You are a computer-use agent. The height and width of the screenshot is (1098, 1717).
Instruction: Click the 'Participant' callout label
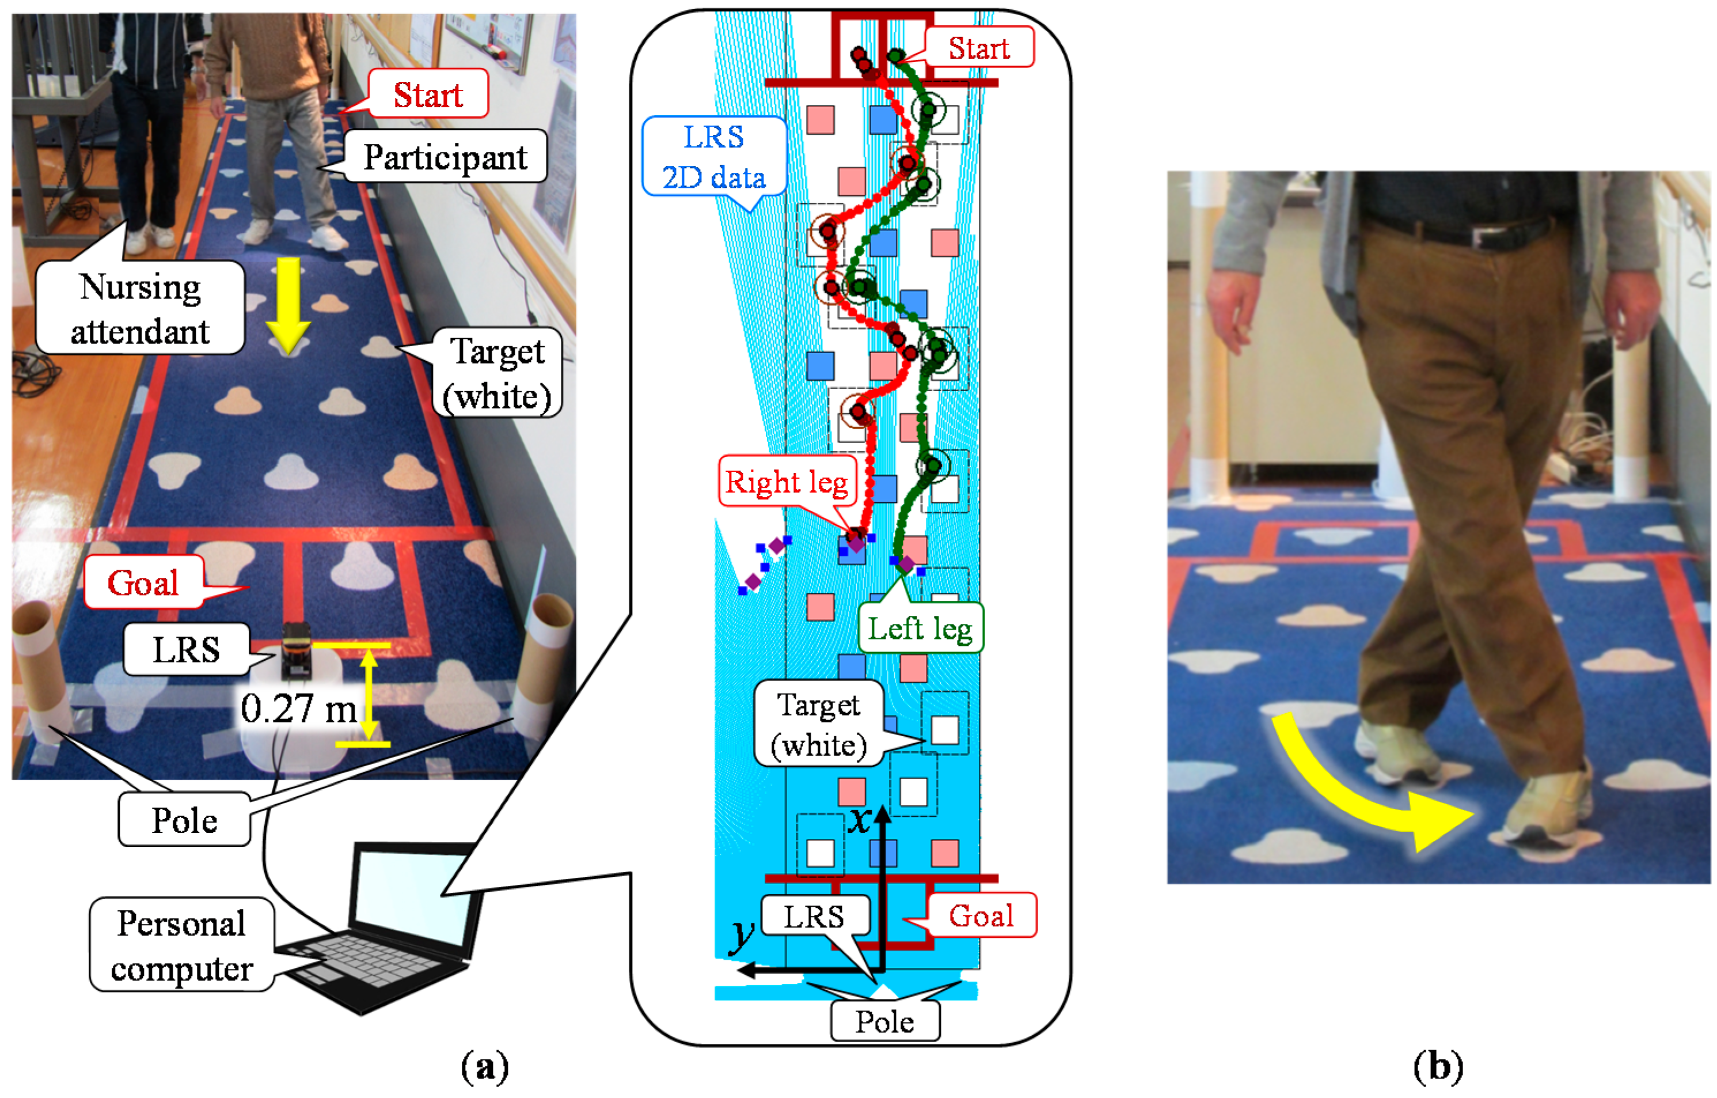click(x=446, y=157)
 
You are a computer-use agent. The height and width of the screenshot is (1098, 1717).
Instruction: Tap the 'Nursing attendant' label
click(x=140, y=308)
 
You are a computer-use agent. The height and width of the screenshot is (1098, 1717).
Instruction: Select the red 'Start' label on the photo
click(x=428, y=94)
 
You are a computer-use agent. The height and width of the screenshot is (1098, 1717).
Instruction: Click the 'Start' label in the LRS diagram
click(x=978, y=48)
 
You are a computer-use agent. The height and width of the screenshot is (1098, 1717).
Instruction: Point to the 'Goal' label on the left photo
click(x=143, y=583)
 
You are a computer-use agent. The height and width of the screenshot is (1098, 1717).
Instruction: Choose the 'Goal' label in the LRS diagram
click(x=981, y=915)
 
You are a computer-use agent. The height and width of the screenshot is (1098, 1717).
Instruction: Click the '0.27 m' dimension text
click(x=298, y=709)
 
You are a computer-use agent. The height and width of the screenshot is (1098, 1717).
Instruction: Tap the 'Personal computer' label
click(x=181, y=945)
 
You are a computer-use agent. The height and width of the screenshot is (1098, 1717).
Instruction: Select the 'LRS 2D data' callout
click(x=714, y=157)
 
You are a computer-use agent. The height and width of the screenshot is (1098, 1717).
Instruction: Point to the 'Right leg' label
click(x=787, y=482)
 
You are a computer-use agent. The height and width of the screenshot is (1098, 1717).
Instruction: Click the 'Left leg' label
click(x=920, y=628)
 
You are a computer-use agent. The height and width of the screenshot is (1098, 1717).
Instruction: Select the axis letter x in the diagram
click(x=860, y=820)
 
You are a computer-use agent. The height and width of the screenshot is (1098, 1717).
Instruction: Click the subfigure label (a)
click(x=485, y=1067)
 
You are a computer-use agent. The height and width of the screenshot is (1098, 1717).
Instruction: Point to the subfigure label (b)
click(x=1438, y=1067)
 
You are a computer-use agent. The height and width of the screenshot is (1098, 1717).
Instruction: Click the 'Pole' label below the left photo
click(x=184, y=820)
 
